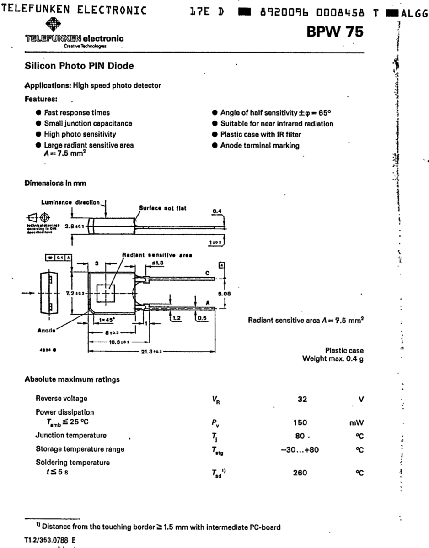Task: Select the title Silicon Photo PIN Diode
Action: click(x=79, y=66)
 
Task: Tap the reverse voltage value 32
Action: click(x=302, y=399)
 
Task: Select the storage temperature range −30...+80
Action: click(x=300, y=449)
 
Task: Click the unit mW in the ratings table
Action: click(x=356, y=423)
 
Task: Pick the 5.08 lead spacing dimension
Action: click(x=224, y=295)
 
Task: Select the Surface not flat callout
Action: click(x=163, y=208)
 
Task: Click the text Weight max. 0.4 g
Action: click(x=333, y=359)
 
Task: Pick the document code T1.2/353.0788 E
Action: click(x=50, y=539)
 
